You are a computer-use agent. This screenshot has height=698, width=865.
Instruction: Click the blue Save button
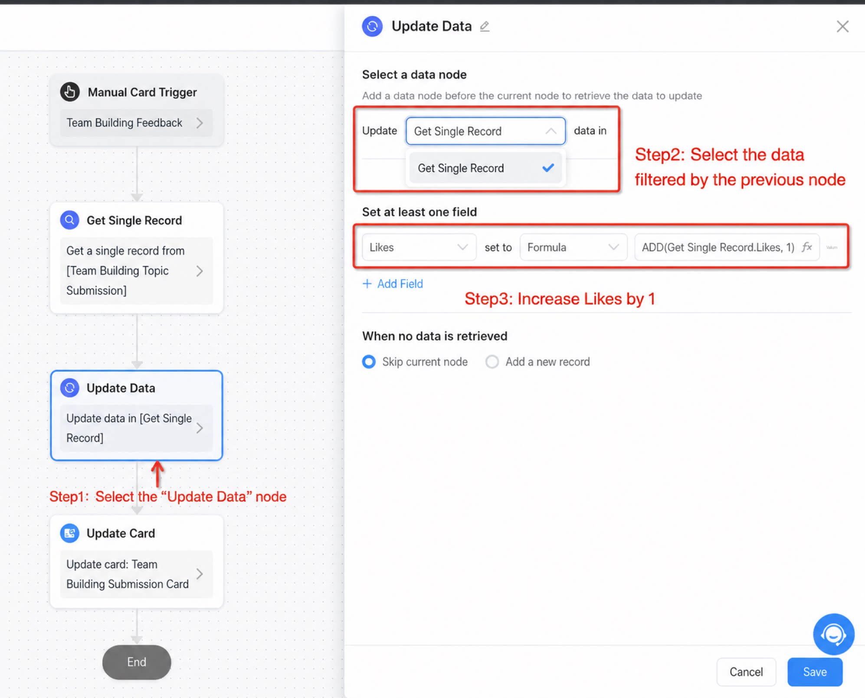pos(815,672)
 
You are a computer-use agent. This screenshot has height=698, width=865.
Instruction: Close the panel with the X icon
pos(842,26)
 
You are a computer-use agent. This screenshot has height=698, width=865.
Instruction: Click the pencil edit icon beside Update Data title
pos(485,26)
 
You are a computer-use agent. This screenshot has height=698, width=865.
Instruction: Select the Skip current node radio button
pos(369,362)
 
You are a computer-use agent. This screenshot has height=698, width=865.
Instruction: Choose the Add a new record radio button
pos(492,362)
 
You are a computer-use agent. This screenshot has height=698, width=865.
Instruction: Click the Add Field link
pos(393,284)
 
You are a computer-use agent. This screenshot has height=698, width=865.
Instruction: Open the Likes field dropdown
pos(419,247)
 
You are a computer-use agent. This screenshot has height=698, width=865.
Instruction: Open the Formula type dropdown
pos(573,247)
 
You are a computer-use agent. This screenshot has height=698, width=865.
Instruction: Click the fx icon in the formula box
pos(806,247)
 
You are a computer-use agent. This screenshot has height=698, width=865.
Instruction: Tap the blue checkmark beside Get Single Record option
pos(548,167)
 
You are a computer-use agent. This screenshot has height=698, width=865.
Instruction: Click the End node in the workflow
pos(137,662)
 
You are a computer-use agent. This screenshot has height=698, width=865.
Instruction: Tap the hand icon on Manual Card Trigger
pos(70,92)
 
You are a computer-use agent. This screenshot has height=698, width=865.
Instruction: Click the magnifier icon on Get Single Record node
pos(69,220)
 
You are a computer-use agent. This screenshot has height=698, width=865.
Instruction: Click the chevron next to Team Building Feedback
pos(200,123)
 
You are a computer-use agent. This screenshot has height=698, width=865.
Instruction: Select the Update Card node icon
pos(69,533)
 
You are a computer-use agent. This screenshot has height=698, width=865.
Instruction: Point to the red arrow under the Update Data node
pos(157,474)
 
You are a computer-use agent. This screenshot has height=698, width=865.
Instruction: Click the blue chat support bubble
pos(833,634)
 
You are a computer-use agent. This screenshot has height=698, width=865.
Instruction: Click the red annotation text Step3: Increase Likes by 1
pos(560,299)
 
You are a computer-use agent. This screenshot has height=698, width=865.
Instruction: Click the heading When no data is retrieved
pos(435,336)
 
